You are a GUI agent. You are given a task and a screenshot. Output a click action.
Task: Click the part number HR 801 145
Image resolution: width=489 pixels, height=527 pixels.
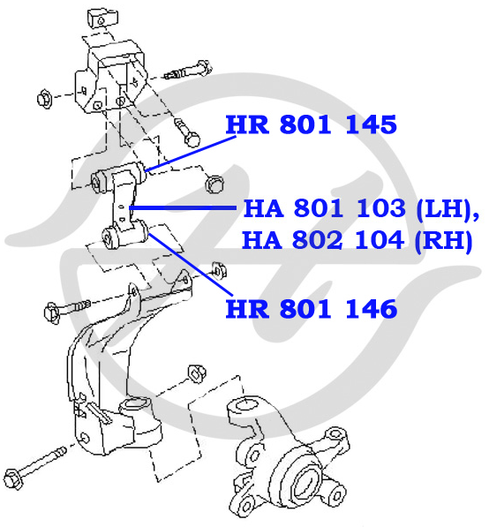[x=312, y=124]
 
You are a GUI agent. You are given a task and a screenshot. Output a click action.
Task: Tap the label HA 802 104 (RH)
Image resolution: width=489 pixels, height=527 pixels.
[x=357, y=240]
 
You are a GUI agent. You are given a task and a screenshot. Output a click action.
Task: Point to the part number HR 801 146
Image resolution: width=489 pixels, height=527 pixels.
[x=312, y=309]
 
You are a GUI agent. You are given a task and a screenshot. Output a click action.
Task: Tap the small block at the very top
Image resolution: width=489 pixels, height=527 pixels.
[x=102, y=19]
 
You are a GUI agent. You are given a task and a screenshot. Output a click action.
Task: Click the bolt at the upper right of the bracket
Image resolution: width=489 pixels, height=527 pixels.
[x=189, y=71]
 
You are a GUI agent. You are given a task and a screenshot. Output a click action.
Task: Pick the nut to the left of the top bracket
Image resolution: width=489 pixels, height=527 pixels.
[x=44, y=99]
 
